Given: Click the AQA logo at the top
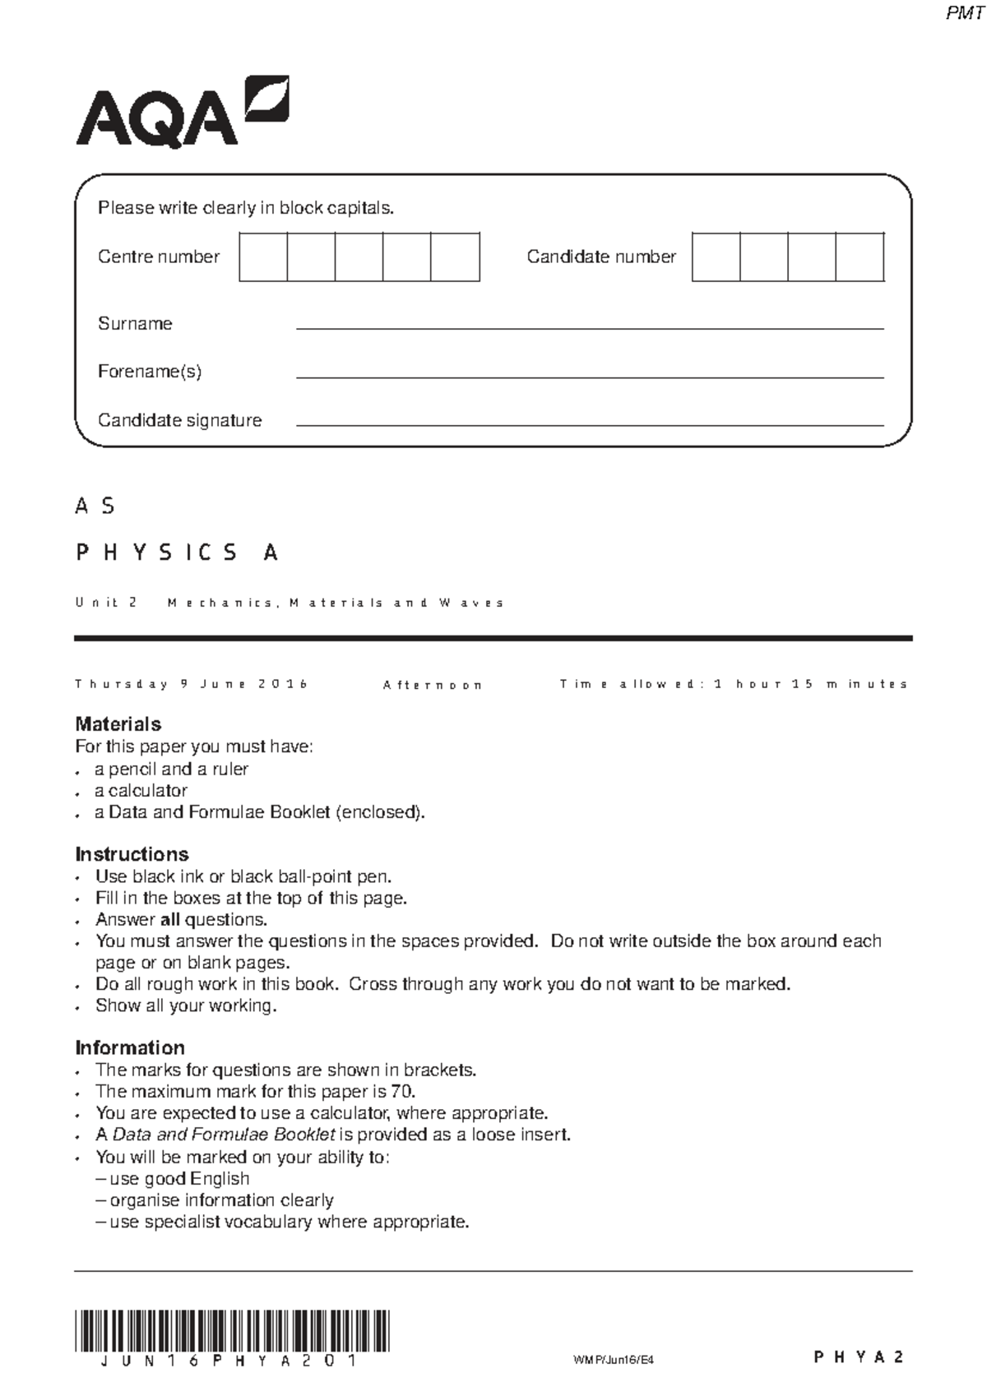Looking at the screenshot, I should pos(183,113).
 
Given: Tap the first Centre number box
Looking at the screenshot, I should pos(263,257).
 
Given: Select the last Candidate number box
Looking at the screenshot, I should pos(860,257).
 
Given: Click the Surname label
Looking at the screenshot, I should pos(135,324).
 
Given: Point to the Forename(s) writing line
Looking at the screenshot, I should pos(589,377).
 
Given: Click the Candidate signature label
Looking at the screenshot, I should pos(179,420).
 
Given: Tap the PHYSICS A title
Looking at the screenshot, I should pos(177,552).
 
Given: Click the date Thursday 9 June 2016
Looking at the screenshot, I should pos(191,684).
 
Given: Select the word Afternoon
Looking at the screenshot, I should pos(432,685).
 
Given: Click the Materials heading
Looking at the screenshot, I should pos(118,724).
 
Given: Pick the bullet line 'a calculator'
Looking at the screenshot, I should pos(141,791).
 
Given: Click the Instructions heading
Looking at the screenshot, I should pos(132,854).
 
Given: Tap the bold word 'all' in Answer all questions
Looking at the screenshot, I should pos(169,920).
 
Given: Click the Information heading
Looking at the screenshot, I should pos(130,1048).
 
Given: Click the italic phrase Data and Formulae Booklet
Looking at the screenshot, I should pos(223,1135).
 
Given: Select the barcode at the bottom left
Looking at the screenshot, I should pos(232,1331).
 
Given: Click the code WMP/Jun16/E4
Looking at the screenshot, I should pos(613,1360).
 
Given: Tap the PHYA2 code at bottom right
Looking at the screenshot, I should pos(859,1357).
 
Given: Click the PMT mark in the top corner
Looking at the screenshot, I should pos(964,13).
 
